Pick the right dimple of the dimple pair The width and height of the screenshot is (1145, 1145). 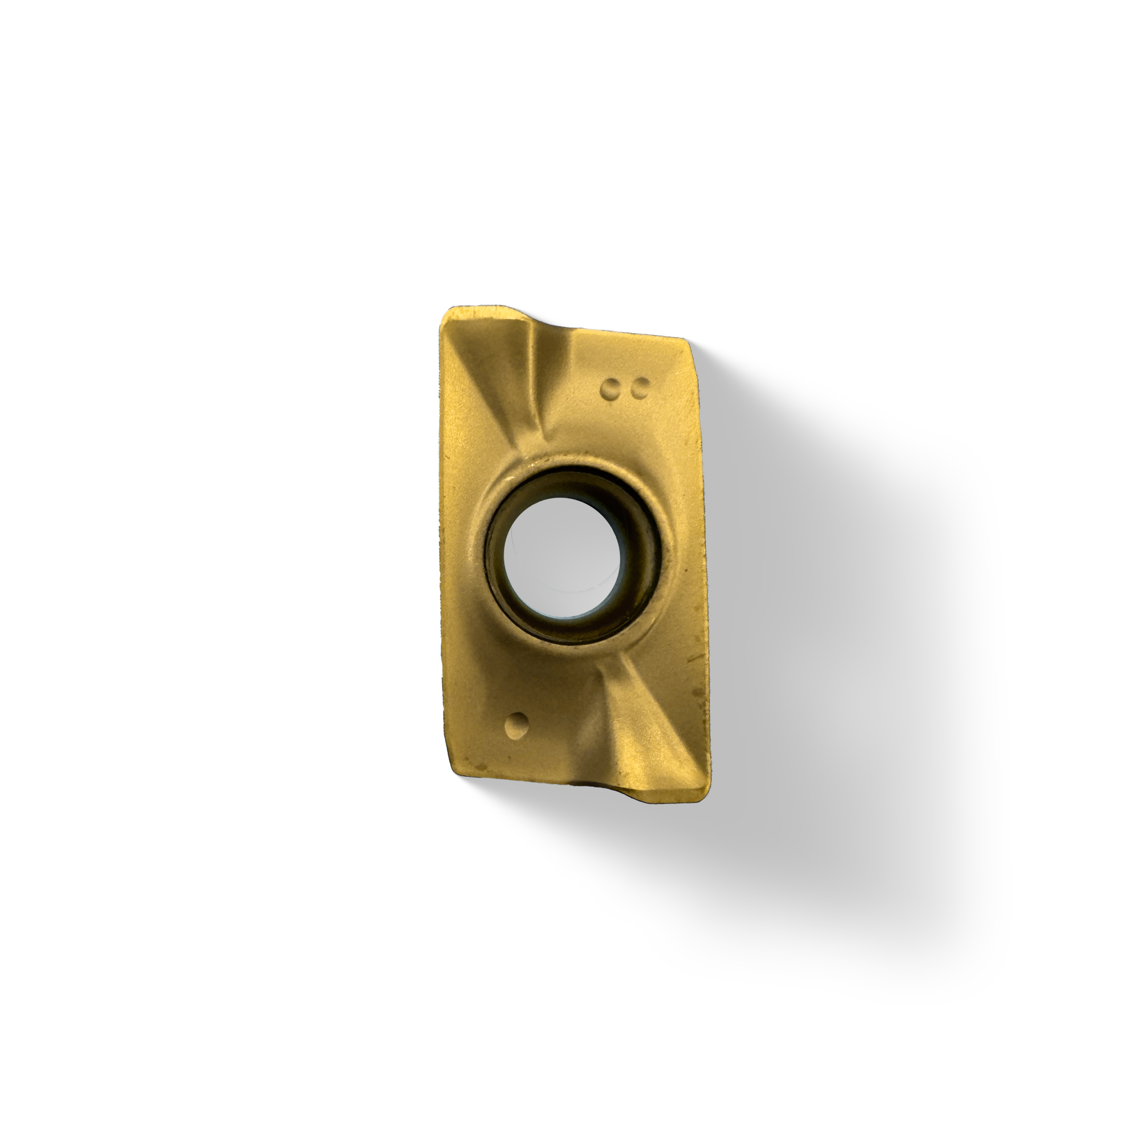click(x=639, y=389)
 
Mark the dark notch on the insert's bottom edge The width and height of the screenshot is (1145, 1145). click(x=587, y=785)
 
